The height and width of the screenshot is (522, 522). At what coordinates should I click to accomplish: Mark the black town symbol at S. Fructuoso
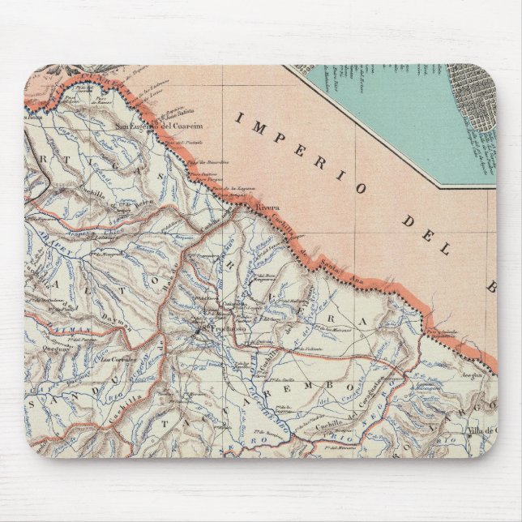click(x=199, y=330)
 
